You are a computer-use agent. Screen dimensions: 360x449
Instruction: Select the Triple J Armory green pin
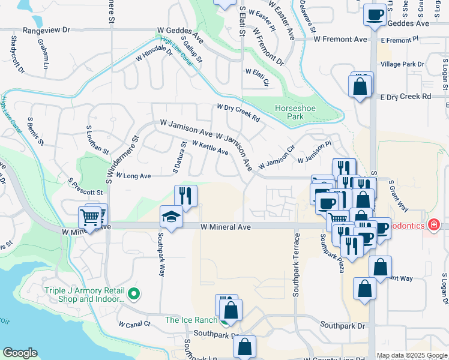point(134,294)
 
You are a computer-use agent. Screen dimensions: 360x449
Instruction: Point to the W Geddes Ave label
point(181,32)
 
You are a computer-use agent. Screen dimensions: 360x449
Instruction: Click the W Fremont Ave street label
point(340,39)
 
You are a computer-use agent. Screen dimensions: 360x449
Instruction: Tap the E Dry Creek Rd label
point(406,96)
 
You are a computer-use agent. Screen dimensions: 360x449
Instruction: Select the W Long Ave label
point(133,176)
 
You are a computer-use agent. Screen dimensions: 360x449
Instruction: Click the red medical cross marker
point(433,226)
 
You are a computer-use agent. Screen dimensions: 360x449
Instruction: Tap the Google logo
point(20,353)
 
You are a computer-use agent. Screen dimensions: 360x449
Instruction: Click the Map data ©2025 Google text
point(412,355)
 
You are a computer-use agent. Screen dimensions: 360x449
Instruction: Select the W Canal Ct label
point(134,324)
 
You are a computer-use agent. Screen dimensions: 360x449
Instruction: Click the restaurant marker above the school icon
point(185,196)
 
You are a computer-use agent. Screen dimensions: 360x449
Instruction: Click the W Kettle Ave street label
point(210,148)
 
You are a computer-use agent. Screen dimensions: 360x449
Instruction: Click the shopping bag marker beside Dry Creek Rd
point(359,86)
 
